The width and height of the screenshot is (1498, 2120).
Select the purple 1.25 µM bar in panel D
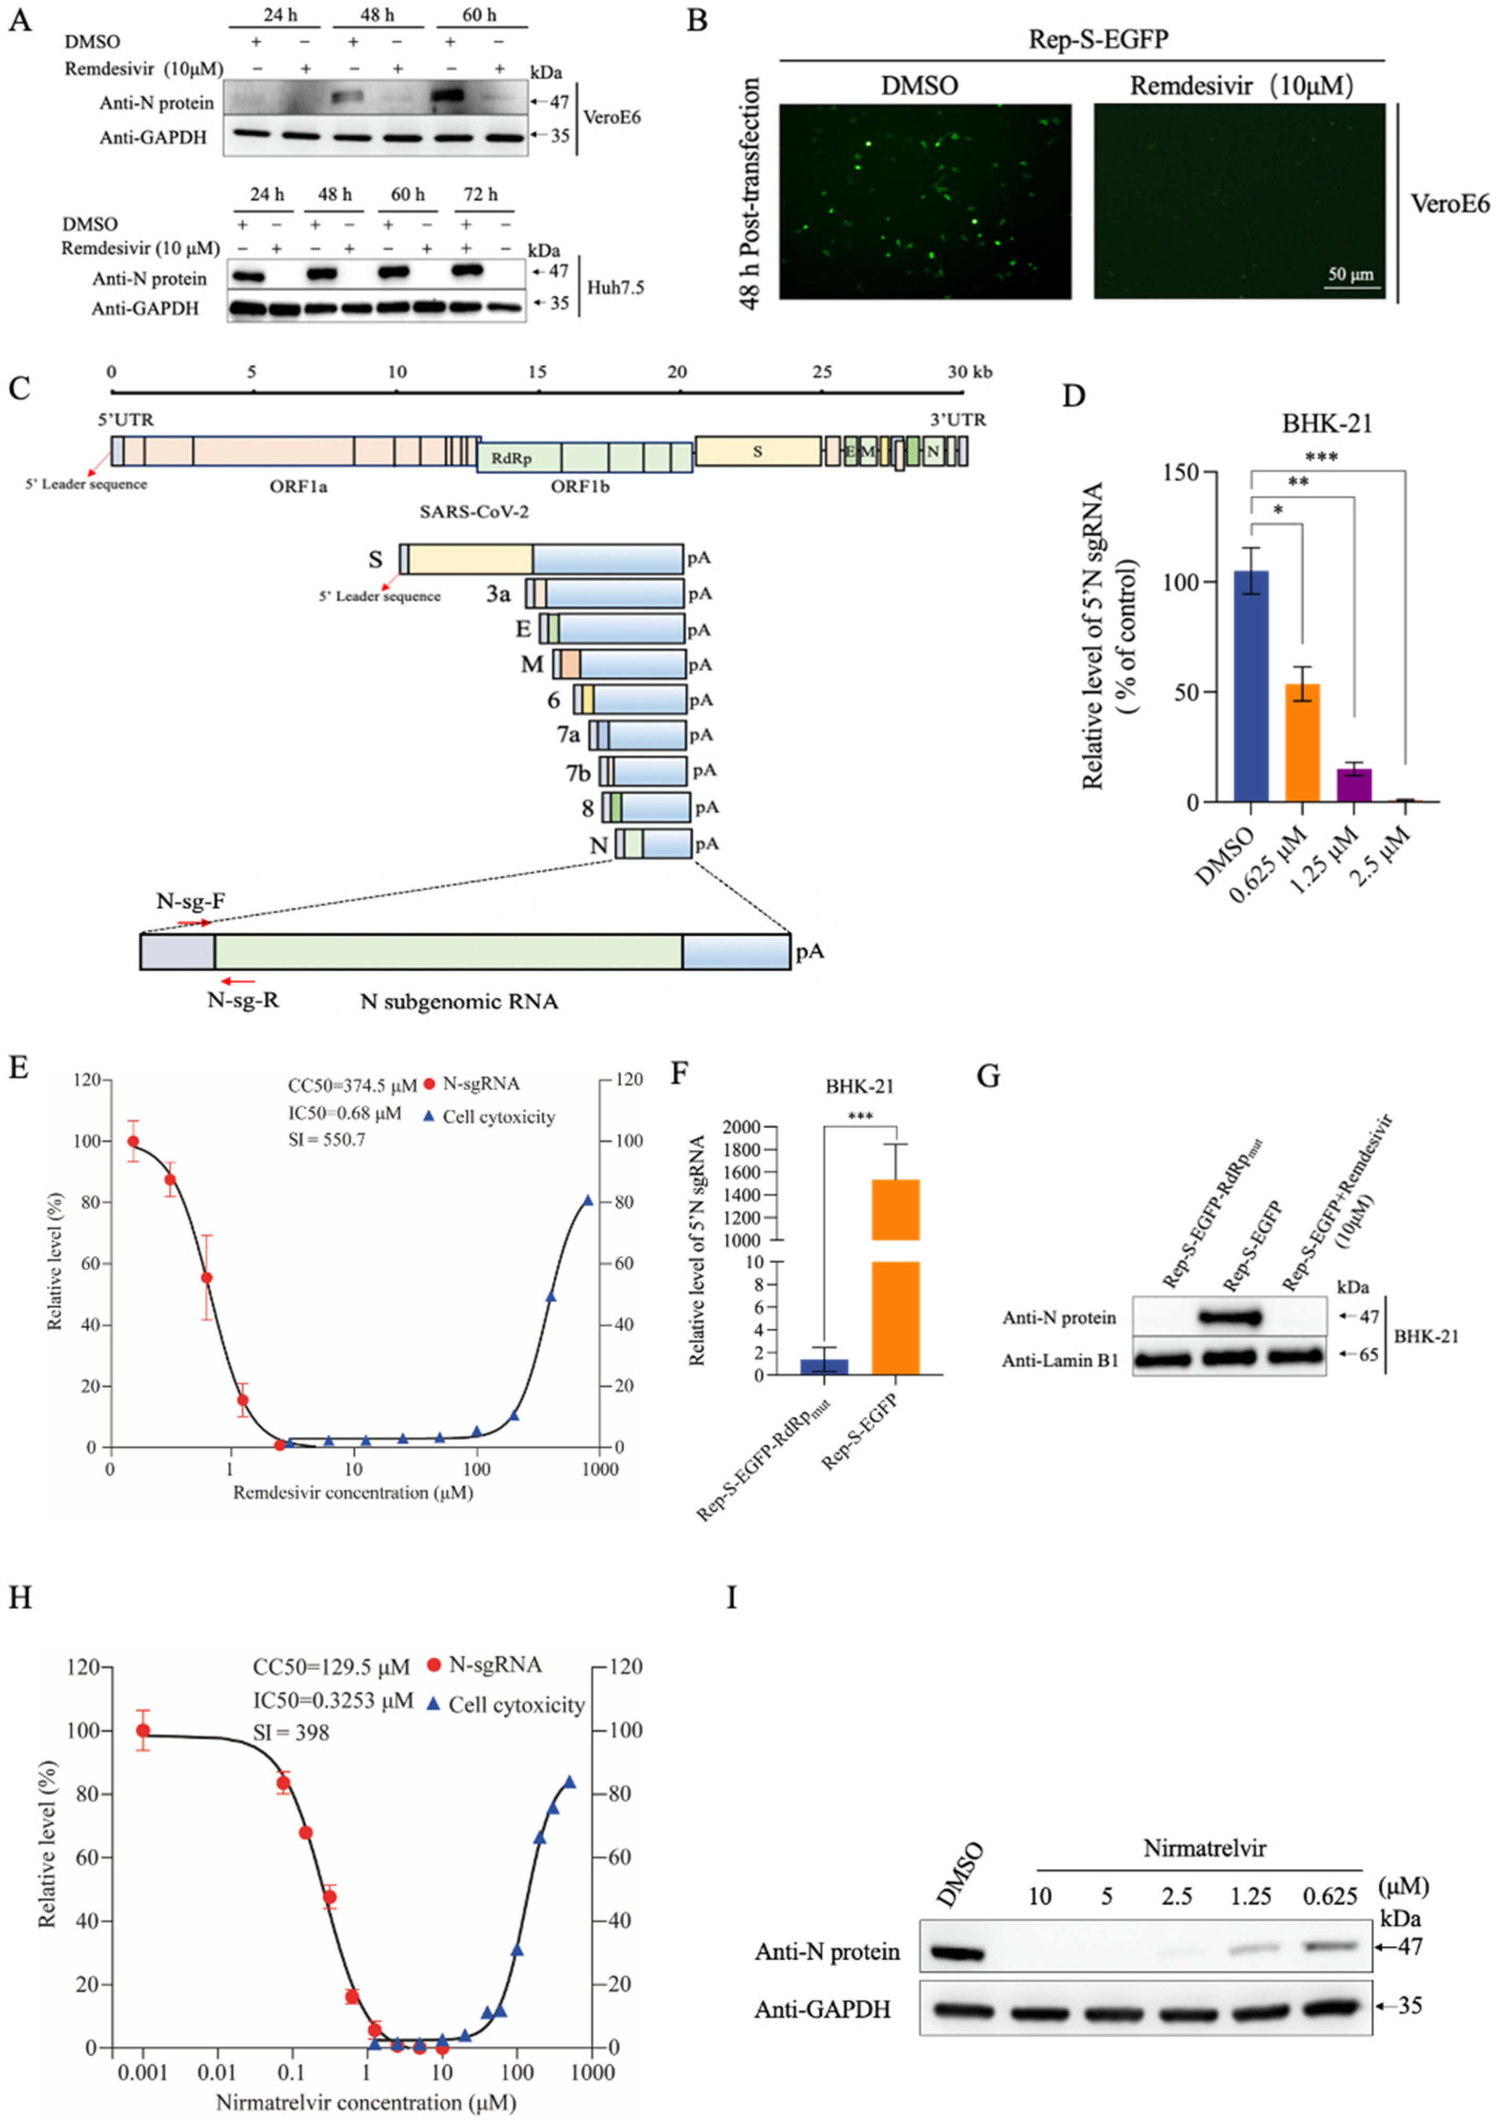pos(1353,785)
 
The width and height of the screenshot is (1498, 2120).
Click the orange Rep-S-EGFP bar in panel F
pos(895,1274)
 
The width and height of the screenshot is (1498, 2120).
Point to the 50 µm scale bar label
pos(1350,274)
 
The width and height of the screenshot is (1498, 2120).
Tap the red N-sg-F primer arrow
pos(194,922)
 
